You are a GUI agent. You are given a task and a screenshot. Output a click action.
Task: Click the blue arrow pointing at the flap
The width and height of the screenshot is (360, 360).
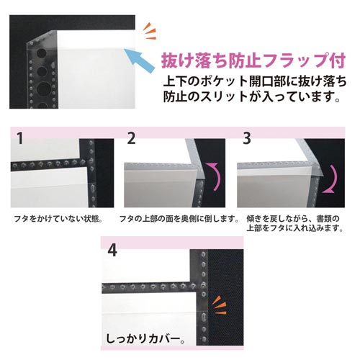tap(139, 60)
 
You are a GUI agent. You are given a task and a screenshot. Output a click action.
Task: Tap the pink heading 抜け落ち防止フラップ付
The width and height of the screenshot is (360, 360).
tap(253, 60)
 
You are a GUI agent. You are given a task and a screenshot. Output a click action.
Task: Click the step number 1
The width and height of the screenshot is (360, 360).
tap(20, 138)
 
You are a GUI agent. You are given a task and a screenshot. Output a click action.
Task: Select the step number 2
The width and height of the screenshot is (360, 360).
tap(131, 138)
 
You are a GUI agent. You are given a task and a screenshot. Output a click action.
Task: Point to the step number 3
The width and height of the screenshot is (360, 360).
tap(247, 138)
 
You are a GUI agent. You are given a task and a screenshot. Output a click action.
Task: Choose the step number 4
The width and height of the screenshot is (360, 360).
tap(112, 251)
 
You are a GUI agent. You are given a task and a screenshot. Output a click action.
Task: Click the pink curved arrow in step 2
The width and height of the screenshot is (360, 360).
tap(215, 176)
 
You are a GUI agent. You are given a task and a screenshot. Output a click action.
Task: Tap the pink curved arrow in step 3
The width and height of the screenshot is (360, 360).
tap(330, 179)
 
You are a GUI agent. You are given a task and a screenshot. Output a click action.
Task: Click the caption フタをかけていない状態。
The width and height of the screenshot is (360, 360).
tap(58, 219)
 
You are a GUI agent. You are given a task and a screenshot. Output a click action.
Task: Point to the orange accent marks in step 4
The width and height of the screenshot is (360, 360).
tap(220, 305)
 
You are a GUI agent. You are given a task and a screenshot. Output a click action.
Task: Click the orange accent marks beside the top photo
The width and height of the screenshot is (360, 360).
tap(150, 31)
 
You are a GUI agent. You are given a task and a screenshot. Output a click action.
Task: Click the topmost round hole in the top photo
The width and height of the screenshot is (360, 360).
tap(41, 53)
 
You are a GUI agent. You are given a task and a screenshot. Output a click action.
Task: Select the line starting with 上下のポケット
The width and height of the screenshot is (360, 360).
tap(255, 82)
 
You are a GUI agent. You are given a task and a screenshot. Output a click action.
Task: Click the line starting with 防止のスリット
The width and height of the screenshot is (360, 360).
tap(252, 96)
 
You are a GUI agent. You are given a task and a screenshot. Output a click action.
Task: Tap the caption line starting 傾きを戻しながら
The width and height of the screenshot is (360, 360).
tap(293, 219)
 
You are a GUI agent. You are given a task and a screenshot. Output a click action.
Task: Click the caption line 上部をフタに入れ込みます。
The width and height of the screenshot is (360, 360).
tap(295, 228)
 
